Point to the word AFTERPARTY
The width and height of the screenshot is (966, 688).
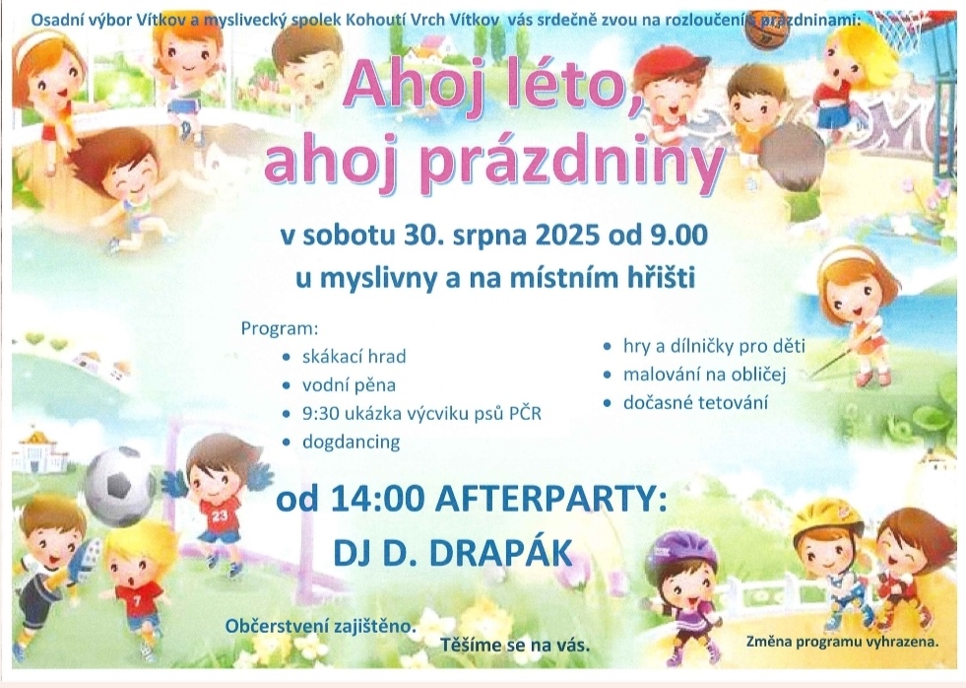tap(550, 500)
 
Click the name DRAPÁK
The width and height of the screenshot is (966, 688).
tap(501, 554)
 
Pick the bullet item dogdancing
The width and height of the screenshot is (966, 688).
tap(351, 442)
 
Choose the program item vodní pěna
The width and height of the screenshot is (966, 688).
tap(349, 386)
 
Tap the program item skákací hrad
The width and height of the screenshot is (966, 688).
tap(354, 357)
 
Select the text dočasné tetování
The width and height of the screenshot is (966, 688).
tap(695, 403)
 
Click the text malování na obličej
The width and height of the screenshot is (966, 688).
tap(704, 375)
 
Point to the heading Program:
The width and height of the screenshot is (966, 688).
tap(279, 328)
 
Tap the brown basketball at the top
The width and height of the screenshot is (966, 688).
tap(763, 33)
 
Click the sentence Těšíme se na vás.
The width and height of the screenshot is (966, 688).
tap(515, 646)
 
